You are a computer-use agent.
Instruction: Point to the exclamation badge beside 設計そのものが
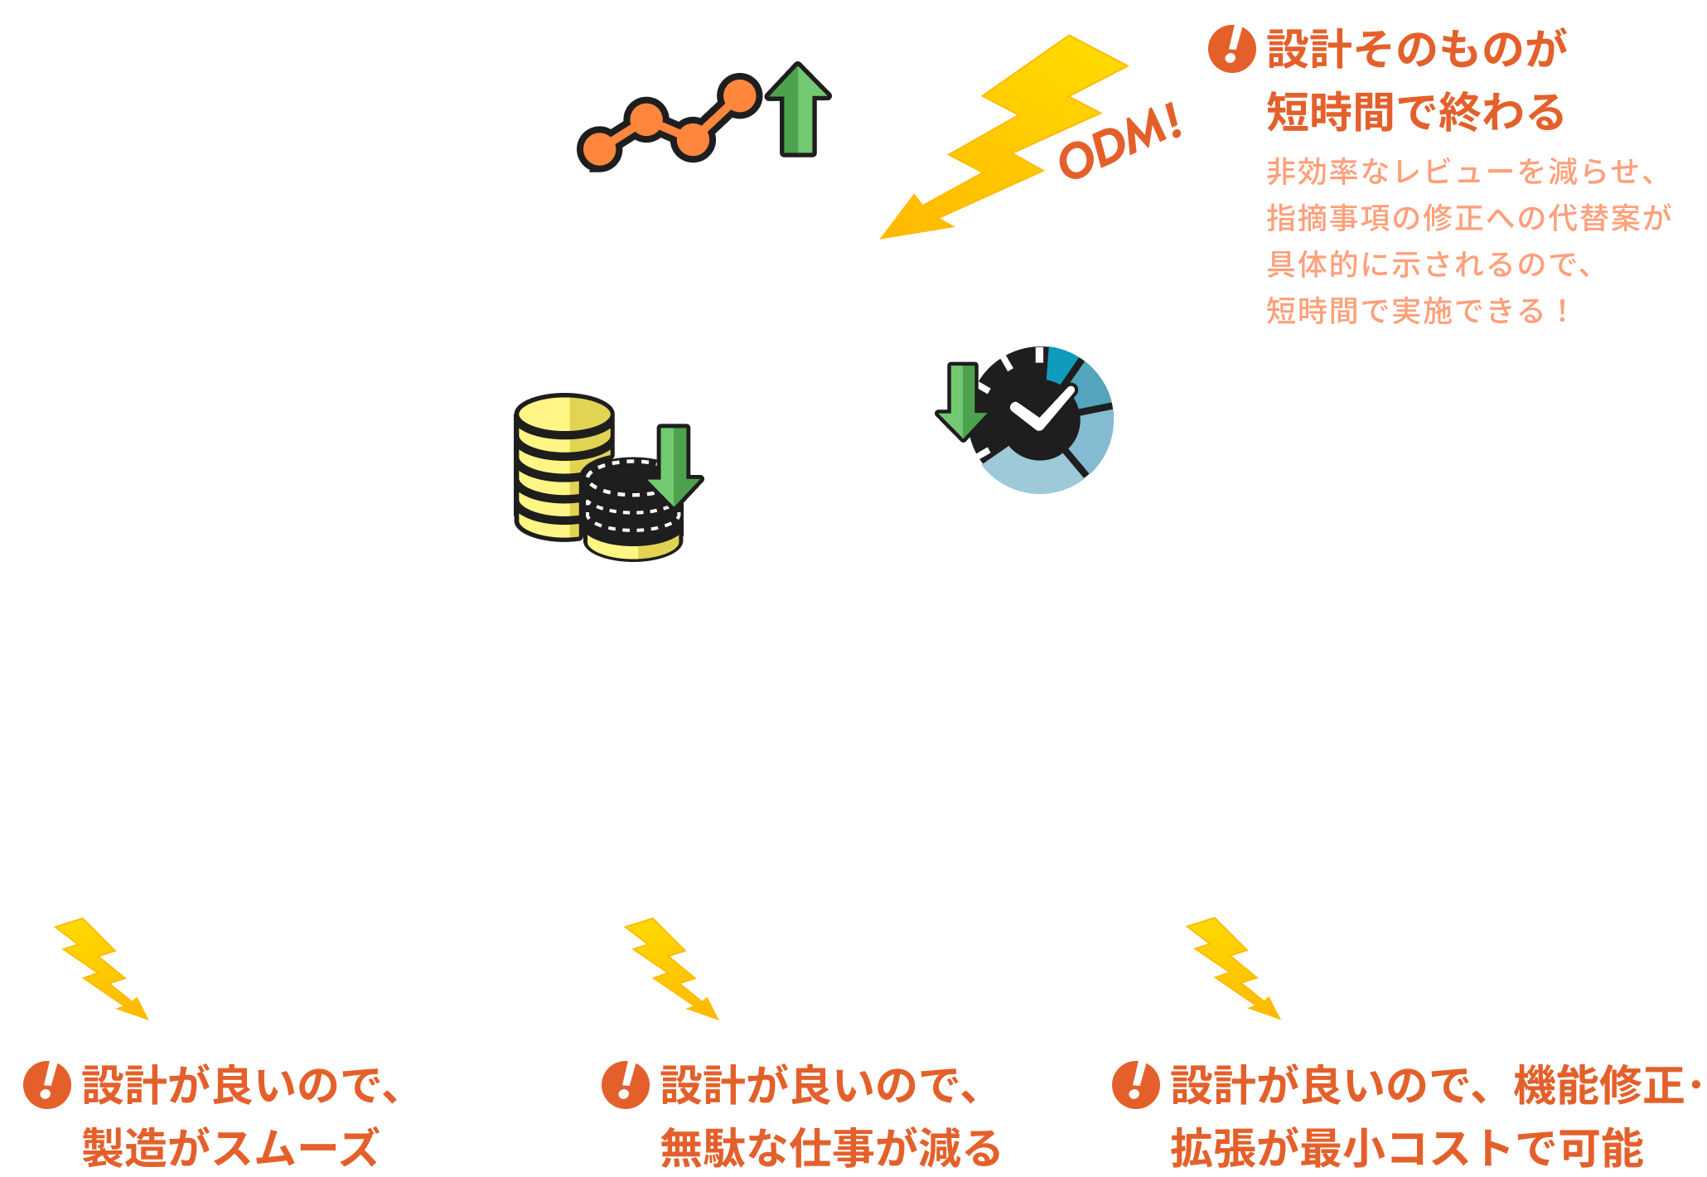[x=1231, y=48]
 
